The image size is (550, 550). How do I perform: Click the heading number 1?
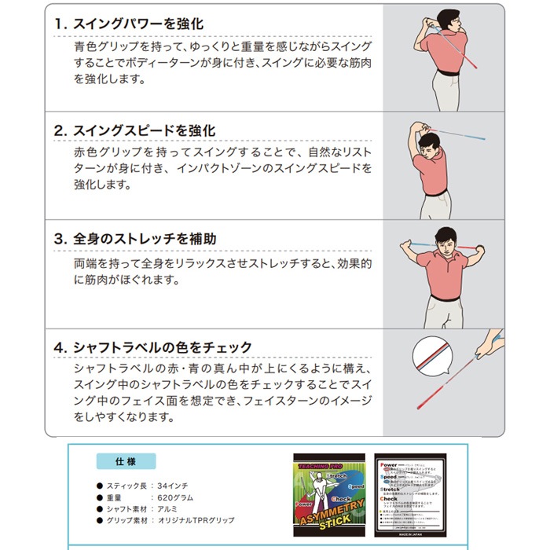59,24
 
